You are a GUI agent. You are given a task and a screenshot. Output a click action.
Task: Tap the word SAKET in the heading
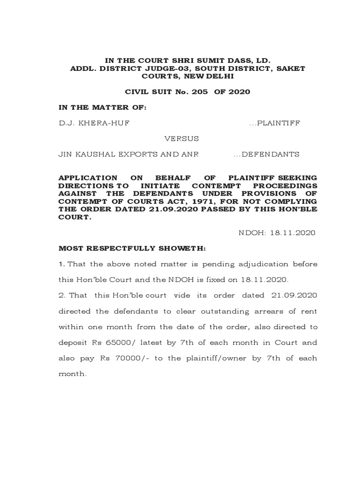click(290, 68)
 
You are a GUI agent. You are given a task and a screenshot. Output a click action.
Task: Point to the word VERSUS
click(181, 139)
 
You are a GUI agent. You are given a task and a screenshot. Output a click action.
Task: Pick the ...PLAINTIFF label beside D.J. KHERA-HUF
click(275, 123)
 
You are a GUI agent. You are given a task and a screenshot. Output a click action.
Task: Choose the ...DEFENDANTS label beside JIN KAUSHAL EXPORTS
click(266, 154)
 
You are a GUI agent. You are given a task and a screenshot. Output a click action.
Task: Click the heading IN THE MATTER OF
click(102, 107)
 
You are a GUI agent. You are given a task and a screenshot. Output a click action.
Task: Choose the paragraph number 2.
click(61, 295)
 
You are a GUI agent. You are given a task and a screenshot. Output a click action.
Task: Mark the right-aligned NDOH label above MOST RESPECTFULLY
click(252, 232)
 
